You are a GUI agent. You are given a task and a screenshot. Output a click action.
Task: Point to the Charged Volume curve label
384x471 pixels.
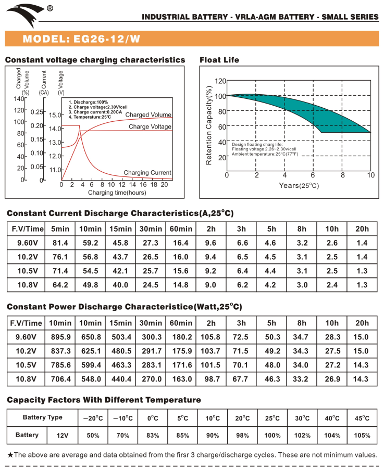tap(148, 114)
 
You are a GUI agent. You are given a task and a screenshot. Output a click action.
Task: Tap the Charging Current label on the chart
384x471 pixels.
tap(147, 173)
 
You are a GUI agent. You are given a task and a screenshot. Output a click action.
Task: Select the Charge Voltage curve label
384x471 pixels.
tap(150, 126)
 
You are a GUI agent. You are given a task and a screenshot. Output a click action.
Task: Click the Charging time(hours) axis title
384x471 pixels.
tap(117, 193)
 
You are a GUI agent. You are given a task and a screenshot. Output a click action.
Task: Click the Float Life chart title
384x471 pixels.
tap(219, 60)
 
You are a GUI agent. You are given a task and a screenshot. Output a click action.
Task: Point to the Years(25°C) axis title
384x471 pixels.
tap(299, 185)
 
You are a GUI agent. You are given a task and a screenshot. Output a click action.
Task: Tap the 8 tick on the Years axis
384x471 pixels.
tap(342, 175)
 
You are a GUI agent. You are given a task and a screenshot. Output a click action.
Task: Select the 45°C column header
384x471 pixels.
tap(362, 418)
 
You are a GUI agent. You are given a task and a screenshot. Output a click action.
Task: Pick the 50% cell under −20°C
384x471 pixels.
tap(93, 435)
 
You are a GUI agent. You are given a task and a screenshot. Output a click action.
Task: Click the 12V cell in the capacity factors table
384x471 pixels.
tap(63, 435)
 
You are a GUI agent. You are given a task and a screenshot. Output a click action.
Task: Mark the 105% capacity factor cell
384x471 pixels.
tap(362, 435)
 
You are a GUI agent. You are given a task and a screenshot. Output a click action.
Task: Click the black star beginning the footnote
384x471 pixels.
tap(10, 455)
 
